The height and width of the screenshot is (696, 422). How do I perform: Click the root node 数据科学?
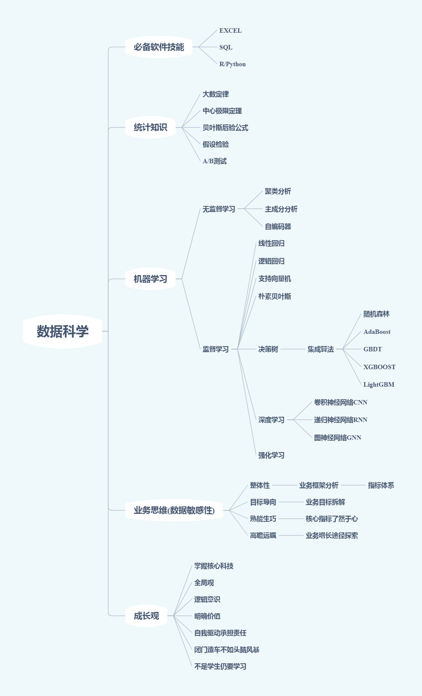tap(63, 331)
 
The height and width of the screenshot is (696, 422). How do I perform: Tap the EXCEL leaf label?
tap(230, 30)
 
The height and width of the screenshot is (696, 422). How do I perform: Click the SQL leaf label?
tap(226, 47)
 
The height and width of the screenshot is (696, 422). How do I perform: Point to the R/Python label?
tap(233, 64)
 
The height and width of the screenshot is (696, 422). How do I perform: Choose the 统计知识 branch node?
tap(150, 127)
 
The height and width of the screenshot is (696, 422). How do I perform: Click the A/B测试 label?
tap(215, 161)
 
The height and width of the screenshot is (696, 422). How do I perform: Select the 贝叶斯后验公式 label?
tap(225, 127)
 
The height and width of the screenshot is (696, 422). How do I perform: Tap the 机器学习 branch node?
tap(150, 279)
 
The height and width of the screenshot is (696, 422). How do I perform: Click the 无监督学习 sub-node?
tap(219, 209)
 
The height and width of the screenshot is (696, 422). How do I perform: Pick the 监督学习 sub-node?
tap(216, 349)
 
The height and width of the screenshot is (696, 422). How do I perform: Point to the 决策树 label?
tap(268, 349)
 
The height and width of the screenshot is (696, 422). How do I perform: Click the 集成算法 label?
tap(321, 349)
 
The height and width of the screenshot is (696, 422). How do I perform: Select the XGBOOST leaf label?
tap(379, 367)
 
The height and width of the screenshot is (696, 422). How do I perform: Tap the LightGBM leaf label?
tap(379, 384)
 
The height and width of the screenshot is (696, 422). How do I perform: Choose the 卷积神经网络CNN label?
tap(341, 402)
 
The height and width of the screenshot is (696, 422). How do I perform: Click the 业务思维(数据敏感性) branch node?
tap(174, 510)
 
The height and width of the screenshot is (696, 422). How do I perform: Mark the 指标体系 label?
tap(381, 485)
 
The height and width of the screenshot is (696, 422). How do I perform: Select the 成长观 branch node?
tap(146, 616)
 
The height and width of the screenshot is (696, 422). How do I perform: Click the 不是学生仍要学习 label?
tap(220, 666)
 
